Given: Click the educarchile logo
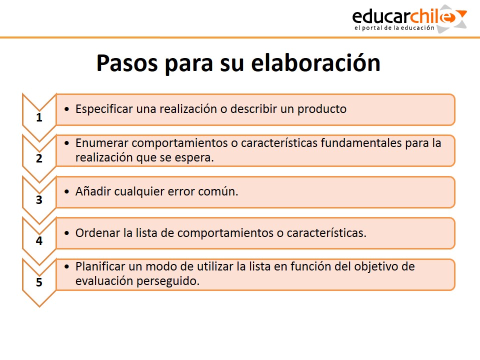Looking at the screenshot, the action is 409,19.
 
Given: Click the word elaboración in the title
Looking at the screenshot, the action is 315,63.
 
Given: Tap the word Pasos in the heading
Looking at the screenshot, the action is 127,63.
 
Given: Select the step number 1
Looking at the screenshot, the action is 39,117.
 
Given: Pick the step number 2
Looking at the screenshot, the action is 39,158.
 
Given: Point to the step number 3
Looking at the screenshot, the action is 39,200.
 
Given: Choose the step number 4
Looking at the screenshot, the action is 39,241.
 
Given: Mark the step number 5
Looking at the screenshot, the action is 39,282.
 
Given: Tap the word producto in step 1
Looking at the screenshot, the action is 322,109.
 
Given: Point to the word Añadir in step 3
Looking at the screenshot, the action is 93,191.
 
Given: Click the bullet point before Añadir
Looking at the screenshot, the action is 66,192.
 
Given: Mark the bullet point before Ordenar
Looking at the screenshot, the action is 66,233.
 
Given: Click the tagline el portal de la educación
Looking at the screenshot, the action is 394,28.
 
